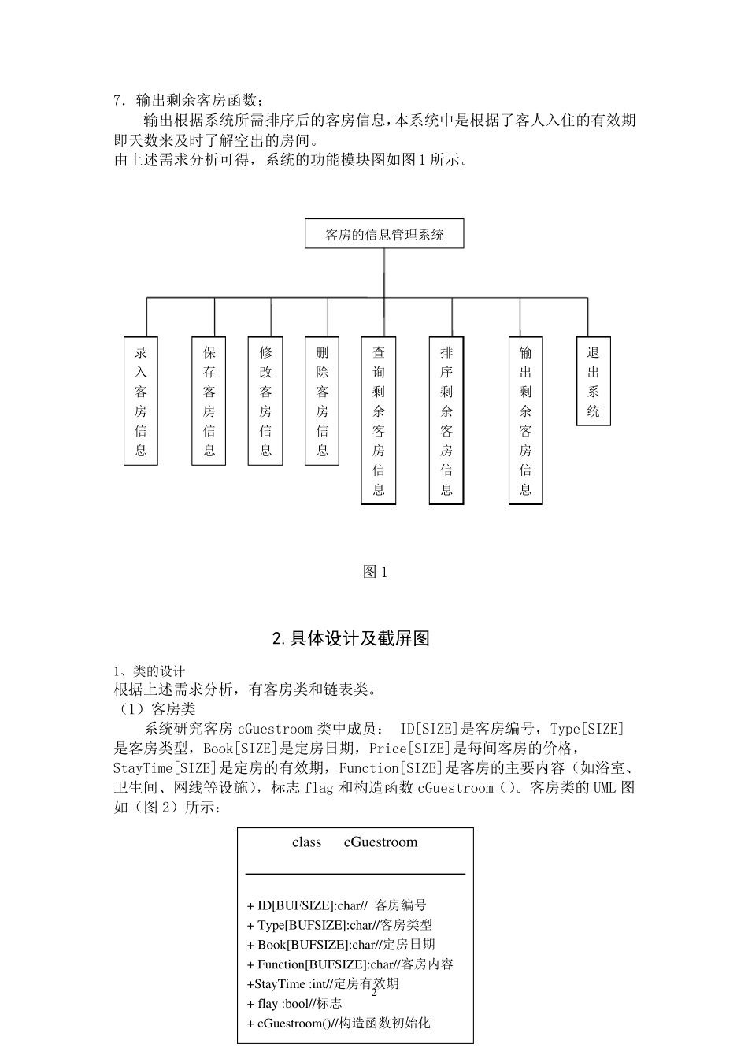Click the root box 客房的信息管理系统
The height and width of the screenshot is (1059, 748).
pyautogui.click(x=384, y=234)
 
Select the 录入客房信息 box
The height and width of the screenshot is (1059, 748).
pyautogui.click(x=141, y=401)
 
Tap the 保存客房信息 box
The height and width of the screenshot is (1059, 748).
pyautogui.click(x=209, y=401)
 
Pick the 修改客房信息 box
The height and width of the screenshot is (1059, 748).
pyautogui.click(x=265, y=401)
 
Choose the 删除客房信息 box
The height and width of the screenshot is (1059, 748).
pyautogui.click(x=322, y=401)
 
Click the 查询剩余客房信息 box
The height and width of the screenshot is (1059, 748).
pyautogui.click(x=379, y=421)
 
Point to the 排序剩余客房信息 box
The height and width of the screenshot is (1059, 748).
pyautogui.click(x=446, y=421)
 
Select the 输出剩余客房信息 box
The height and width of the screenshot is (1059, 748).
pyautogui.click(x=525, y=421)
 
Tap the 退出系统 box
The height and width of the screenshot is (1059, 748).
pyautogui.click(x=593, y=381)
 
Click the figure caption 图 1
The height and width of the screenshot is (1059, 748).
pyautogui.click(x=375, y=572)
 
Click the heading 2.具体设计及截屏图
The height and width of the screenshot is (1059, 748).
pyautogui.click(x=351, y=638)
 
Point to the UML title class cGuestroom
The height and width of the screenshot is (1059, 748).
pyautogui.click(x=354, y=842)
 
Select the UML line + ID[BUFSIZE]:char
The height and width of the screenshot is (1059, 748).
pyautogui.click(x=336, y=905)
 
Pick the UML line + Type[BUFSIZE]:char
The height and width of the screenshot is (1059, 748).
pyautogui.click(x=339, y=925)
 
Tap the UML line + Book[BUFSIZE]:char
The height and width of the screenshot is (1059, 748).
pyautogui.click(x=341, y=945)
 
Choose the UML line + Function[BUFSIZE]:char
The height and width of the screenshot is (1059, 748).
pyautogui.click(x=350, y=964)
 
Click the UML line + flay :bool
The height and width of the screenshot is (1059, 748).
pyautogui.click(x=294, y=1004)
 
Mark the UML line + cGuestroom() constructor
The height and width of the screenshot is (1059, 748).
pyautogui.click(x=339, y=1024)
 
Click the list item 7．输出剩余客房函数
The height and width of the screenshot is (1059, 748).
pyautogui.click(x=188, y=100)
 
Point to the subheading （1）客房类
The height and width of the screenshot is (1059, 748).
pyautogui.click(x=155, y=709)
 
